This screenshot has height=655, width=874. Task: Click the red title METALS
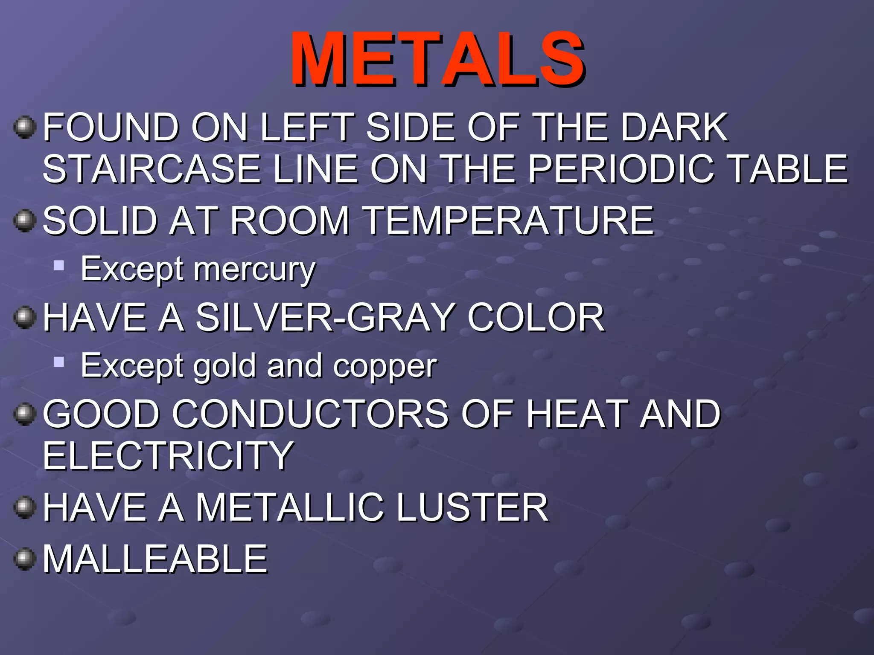tap(438, 59)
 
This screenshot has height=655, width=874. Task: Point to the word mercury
tap(255, 270)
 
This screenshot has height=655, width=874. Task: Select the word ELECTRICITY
tap(168, 456)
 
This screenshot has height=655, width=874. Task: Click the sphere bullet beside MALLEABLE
tap(25, 559)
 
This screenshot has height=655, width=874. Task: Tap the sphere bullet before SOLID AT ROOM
tap(25, 221)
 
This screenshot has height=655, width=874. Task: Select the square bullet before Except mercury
tap(59, 266)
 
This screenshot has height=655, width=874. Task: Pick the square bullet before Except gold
tap(59, 362)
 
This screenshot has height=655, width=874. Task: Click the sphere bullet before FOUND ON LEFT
tap(25, 127)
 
